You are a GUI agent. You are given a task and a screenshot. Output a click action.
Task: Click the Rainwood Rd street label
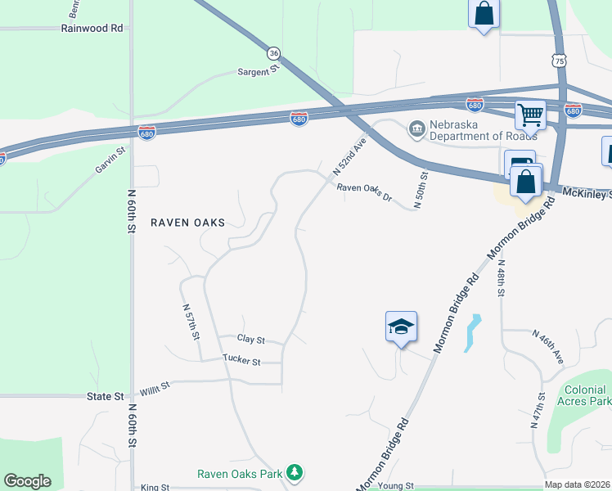[92, 28]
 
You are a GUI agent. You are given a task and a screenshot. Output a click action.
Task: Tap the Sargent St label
[259, 72]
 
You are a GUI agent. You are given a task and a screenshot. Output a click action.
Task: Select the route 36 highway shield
[274, 52]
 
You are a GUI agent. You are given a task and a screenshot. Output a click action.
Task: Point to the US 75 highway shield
[559, 61]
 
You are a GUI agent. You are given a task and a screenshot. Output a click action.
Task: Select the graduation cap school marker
[401, 327]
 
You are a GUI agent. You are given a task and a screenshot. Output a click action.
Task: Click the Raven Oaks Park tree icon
[295, 472]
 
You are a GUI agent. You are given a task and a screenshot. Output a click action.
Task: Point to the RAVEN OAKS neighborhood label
[187, 223]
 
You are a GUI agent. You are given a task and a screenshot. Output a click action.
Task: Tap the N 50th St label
[421, 190]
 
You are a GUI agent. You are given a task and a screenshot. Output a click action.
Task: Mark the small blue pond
[472, 333]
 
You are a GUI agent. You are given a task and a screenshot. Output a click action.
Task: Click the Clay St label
[251, 339]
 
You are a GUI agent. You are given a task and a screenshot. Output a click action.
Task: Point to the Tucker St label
[241, 361]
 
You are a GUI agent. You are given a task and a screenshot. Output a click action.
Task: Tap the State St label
[104, 396]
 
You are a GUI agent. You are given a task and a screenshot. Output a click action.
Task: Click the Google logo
[27, 481]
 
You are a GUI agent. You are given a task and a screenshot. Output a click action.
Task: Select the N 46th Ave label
[548, 346]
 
